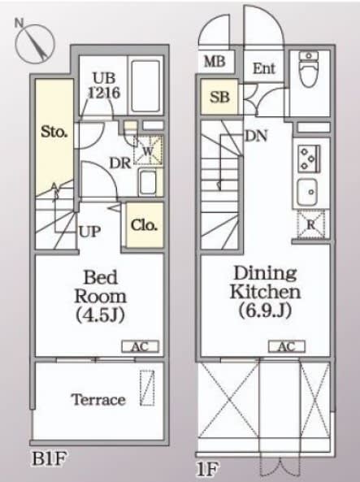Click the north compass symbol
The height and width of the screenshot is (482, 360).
(x=34, y=42)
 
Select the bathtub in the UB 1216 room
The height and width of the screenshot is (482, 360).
(x=145, y=86)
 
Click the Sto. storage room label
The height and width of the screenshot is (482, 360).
(x=54, y=132)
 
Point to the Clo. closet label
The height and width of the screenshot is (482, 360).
(x=144, y=225)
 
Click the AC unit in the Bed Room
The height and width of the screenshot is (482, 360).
(x=141, y=347)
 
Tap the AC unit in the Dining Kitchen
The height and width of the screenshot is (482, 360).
(x=287, y=346)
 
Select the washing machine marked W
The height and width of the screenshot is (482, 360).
(x=148, y=150)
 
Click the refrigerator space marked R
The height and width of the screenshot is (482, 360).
(x=310, y=224)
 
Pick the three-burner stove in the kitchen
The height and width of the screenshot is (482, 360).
(x=309, y=158)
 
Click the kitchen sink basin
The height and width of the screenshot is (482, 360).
(x=307, y=192)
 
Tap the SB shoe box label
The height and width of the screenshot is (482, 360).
(x=219, y=98)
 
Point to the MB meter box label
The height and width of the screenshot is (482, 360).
(x=215, y=62)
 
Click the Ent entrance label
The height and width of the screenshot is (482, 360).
(x=264, y=68)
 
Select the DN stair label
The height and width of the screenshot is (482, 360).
(x=256, y=136)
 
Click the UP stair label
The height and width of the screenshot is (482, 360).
(x=89, y=232)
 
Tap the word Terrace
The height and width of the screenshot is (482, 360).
(x=98, y=400)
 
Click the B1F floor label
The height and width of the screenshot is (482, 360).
(x=50, y=459)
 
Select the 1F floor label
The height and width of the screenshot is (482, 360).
(x=208, y=469)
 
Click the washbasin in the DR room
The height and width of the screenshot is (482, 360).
(x=148, y=182)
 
